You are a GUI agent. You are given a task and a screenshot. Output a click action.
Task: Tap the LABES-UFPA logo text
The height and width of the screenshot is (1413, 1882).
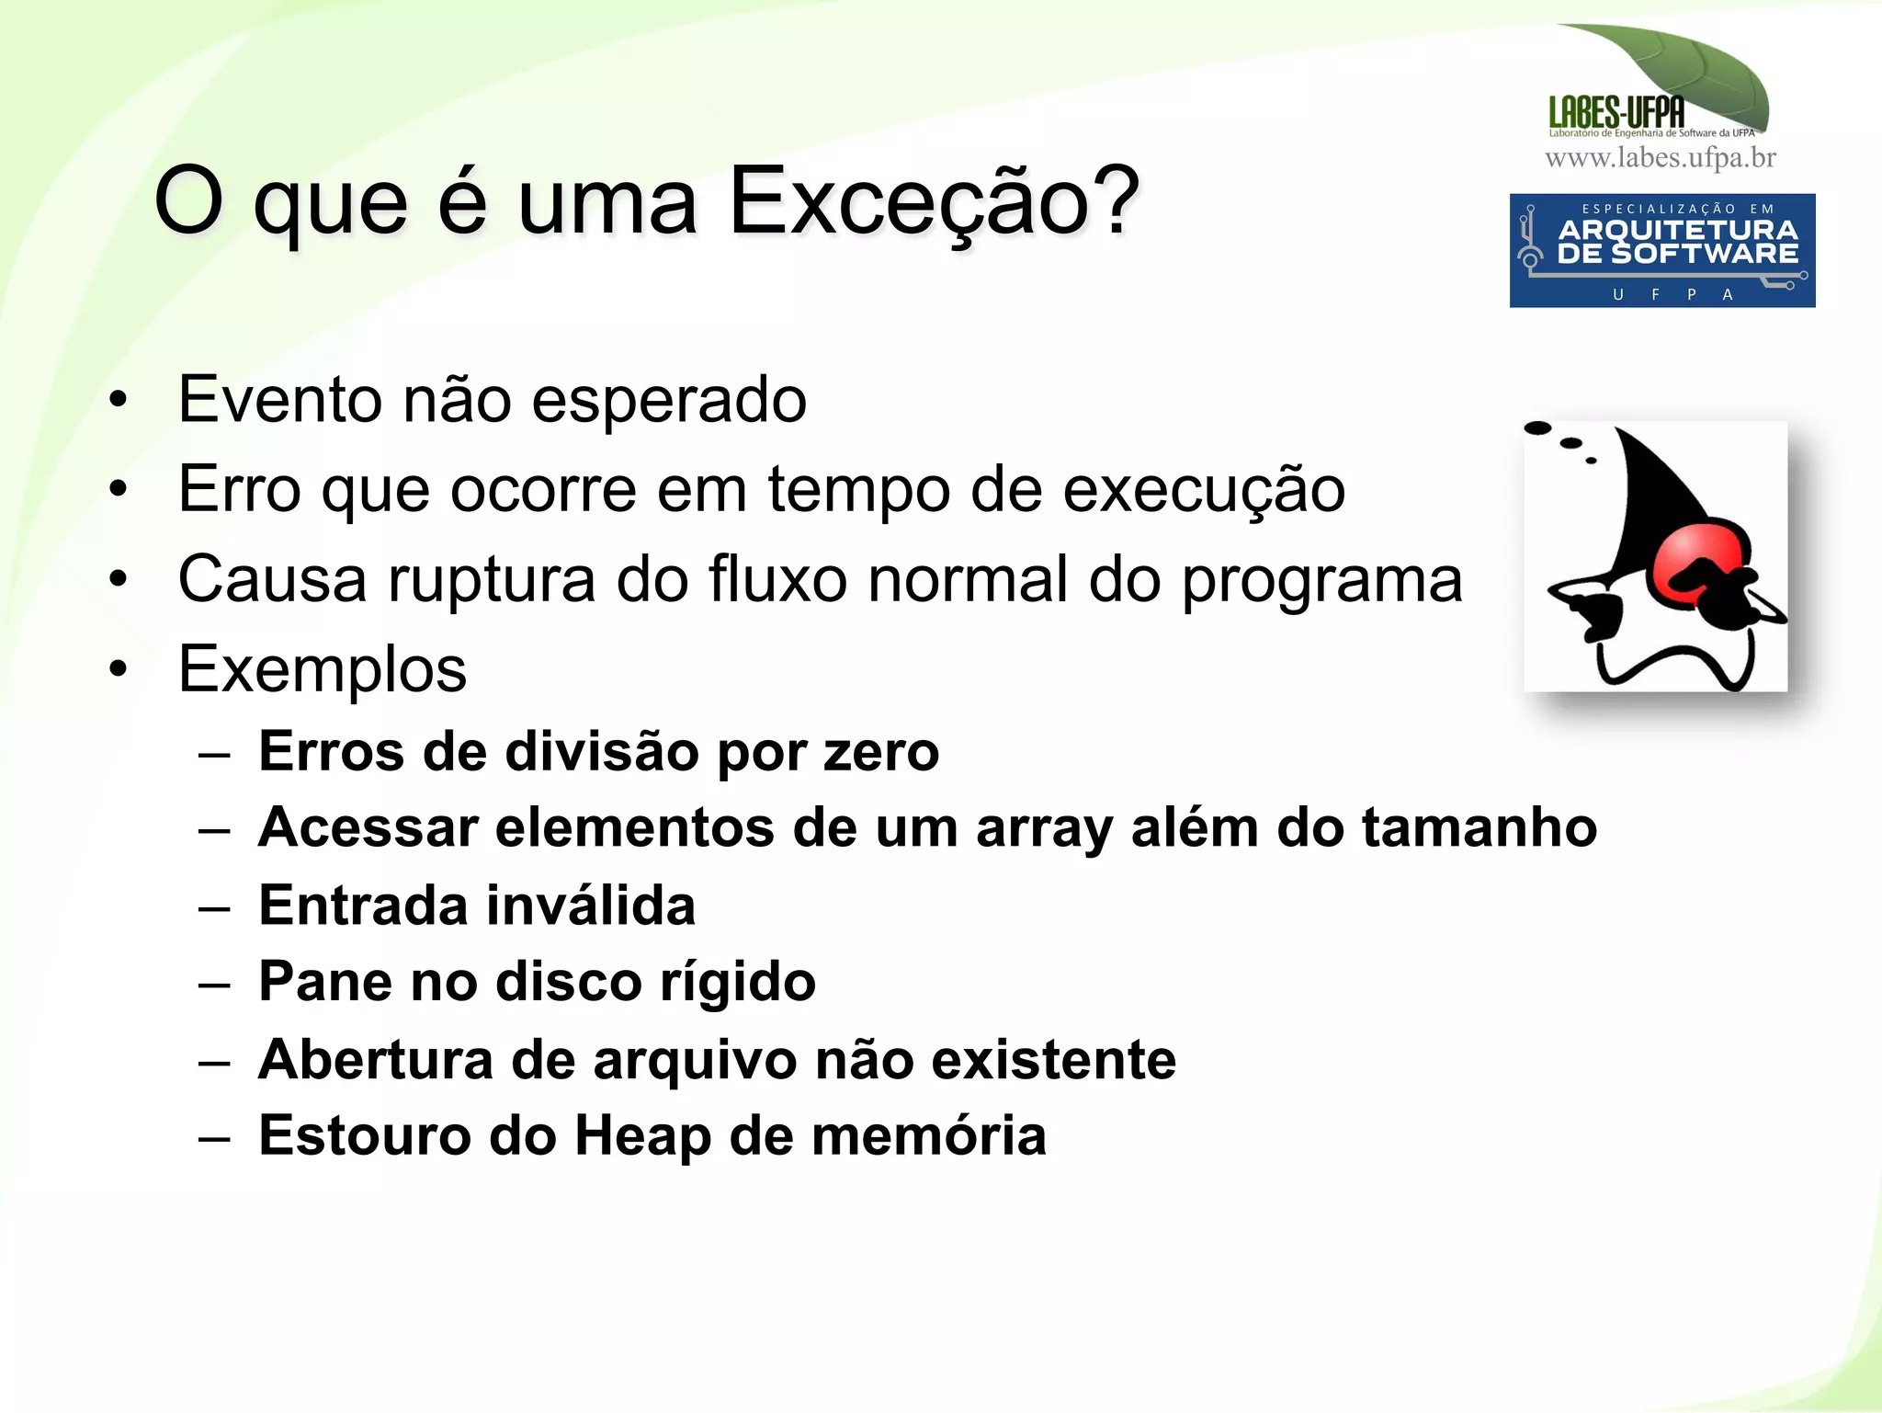pyautogui.click(x=1616, y=113)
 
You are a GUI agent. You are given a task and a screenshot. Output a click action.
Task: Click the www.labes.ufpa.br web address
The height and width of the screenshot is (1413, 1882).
pyautogui.click(x=1661, y=158)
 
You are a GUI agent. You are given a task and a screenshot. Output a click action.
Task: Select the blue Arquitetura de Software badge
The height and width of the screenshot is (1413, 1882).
pyautogui.click(x=1661, y=250)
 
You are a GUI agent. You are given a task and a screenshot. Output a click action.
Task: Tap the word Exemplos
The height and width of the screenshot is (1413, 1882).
pyautogui.click(x=323, y=669)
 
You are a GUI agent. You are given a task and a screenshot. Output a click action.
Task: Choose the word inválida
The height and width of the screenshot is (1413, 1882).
pyautogui.click(x=591, y=906)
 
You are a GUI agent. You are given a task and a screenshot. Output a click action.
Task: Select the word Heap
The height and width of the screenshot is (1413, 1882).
pyautogui.click(x=642, y=1135)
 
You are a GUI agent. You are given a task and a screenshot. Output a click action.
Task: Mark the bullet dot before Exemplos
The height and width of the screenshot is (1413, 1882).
pyautogui.click(x=118, y=668)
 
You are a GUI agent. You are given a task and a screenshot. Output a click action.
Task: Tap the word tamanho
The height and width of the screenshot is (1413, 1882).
pyautogui.click(x=1479, y=828)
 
